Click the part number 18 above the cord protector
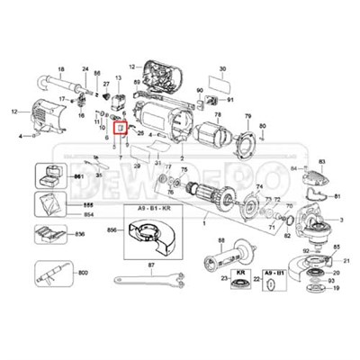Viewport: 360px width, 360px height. click(x=61, y=70)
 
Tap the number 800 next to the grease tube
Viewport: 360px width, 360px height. click(x=83, y=271)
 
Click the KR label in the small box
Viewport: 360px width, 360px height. click(x=240, y=271)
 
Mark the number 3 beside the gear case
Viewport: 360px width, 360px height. click(x=339, y=219)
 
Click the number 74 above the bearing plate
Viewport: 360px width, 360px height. click(x=259, y=185)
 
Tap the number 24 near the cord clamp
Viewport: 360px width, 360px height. click(x=85, y=69)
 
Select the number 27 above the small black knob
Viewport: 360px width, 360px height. click(x=105, y=83)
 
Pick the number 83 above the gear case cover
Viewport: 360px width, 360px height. click(x=321, y=160)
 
